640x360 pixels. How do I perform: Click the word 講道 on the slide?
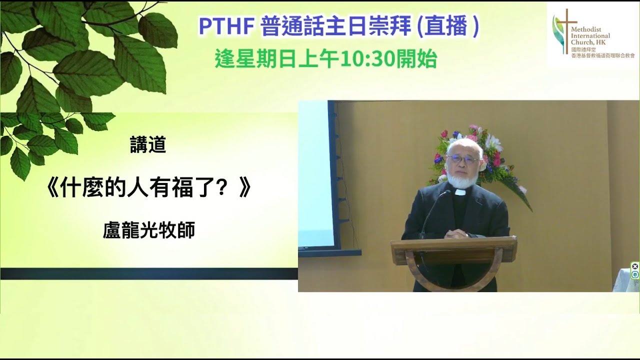coord(147,145)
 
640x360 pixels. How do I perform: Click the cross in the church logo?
coord(566,27)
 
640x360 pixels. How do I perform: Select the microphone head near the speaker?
coord(444,193)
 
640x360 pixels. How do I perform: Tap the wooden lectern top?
coord(453,243)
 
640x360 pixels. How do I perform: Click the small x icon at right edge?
coord(634,266)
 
